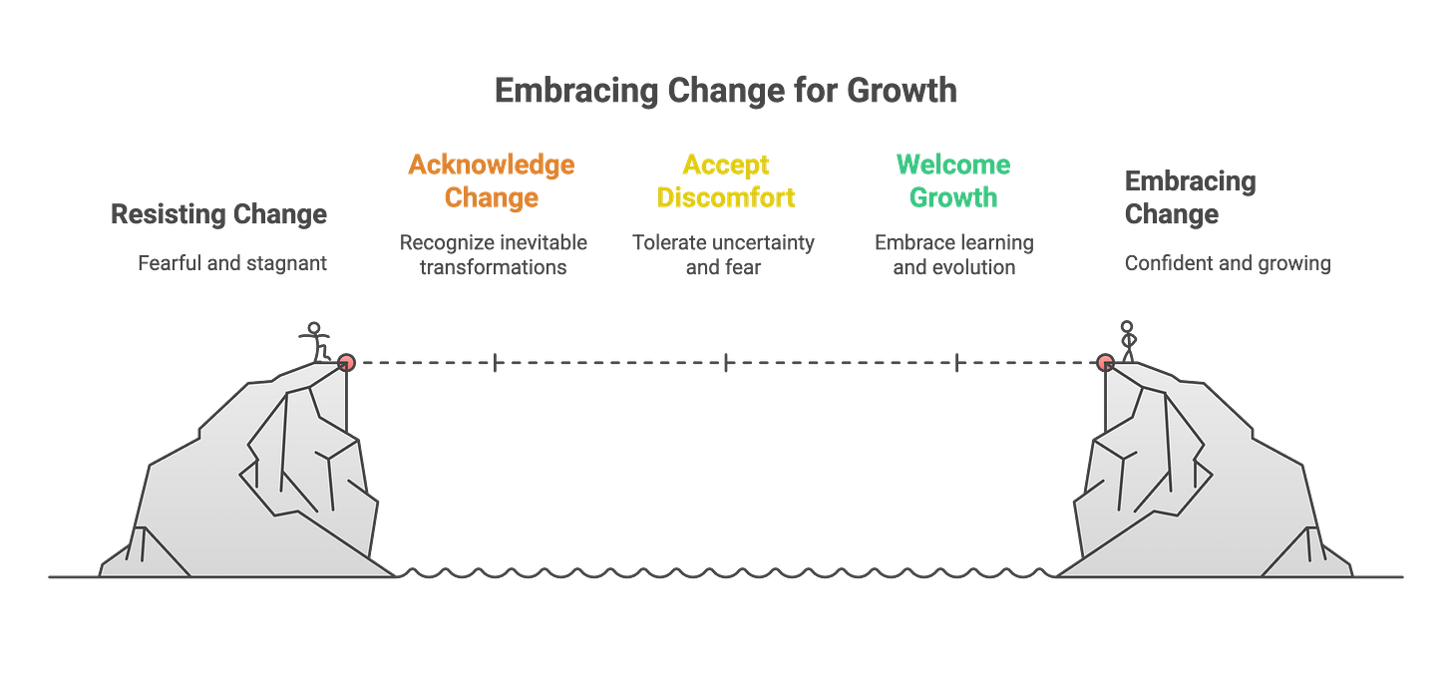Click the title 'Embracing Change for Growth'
tap(725, 91)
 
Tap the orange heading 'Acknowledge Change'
tap(491, 180)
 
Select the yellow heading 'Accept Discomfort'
tap(725, 180)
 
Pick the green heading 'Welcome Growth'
tap(952, 180)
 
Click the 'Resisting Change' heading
tap(218, 213)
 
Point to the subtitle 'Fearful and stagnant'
tap(231, 264)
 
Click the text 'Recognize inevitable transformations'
tap(494, 254)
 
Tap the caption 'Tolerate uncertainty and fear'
tap(724, 254)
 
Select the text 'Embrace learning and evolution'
tap(953, 254)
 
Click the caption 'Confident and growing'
tap(1227, 264)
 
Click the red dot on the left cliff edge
tap(347, 363)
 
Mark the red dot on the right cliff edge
tap(1105, 363)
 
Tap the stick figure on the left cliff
tap(317, 340)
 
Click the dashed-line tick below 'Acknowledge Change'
tap(495, 363)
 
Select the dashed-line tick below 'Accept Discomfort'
tap(725, 363)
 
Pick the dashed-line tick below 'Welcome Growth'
tap(956, 363)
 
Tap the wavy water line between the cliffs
tap(725, 572)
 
